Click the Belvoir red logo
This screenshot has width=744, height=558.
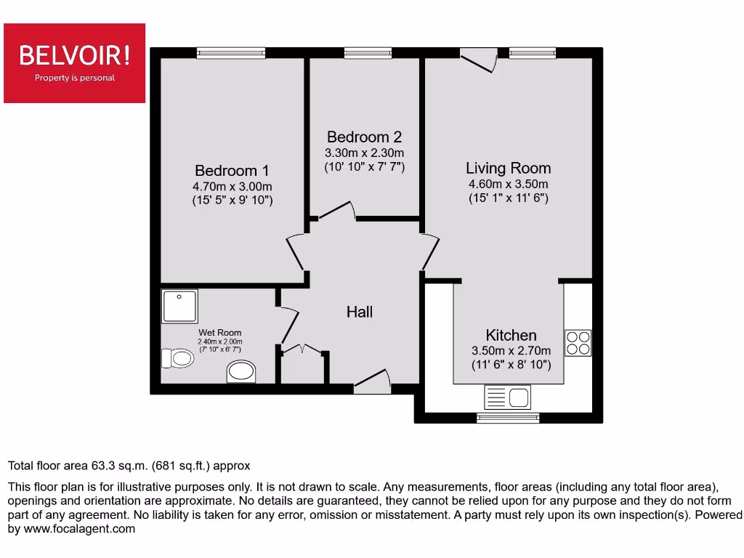coord(74,62)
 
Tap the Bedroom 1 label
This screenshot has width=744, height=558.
coord(232,171)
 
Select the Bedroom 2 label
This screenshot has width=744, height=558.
coord(364,137)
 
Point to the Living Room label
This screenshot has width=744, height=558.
coord(509,168)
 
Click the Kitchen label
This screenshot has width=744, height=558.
coord(511,335)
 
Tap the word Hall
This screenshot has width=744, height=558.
coord(360,312)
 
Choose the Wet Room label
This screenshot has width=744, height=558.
coord(220,333)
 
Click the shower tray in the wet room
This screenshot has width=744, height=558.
coord(179,306)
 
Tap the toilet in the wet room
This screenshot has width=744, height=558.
coord(177,357)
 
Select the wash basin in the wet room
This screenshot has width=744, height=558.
coord(242,373)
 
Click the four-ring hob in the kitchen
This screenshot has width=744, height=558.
coord(578,342)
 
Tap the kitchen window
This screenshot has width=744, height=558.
coord(508,418)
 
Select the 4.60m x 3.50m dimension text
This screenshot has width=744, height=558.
coord(509,185)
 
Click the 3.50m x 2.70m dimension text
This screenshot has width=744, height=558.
coord(511,351)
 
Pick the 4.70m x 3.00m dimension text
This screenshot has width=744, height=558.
coord(232,187)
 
